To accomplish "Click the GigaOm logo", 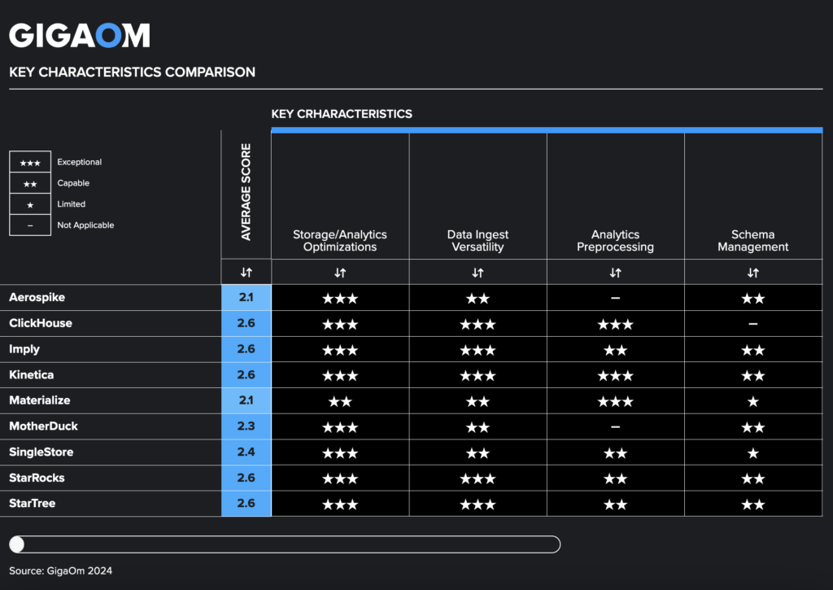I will [x=79, y=35].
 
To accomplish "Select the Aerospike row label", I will [x=37, y=298].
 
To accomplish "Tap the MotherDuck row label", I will [x=43, y=426].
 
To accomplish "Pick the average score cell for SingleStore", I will [x=246, y=452].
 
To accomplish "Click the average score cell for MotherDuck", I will [x=246, y=426].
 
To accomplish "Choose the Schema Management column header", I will [x=752, y=241].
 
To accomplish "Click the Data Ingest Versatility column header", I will [x=478, y=241].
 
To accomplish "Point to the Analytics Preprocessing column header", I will [x=615, y=241].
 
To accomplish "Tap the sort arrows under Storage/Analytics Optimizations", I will [x=340, y=273].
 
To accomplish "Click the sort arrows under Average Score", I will [x=246, y=273].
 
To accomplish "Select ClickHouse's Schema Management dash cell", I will [x=752, y=324].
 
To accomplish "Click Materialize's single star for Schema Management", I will [x=752, y=401].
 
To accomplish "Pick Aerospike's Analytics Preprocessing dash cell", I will [x=615, y=298].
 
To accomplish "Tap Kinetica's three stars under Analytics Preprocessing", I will [x=615, y=375].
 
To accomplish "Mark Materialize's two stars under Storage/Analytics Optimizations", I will [x=340, y=401].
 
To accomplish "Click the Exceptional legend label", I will [x=79, y=163].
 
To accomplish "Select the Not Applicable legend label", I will [x=85, y=225].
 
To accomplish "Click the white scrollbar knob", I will [x=17, y=544].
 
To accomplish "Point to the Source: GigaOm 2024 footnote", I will [x=60, y=571].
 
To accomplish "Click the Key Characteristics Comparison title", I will [x=132, y=72].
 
